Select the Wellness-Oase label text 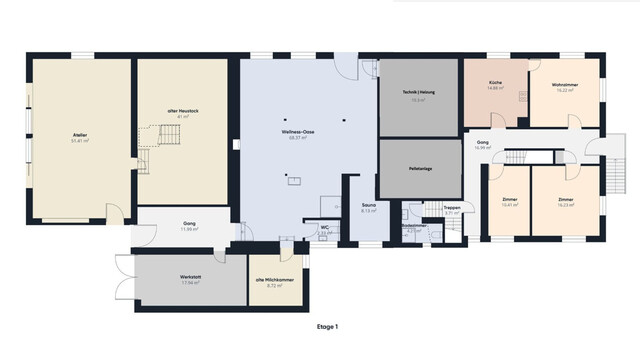[298, 132]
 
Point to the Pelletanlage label [419, 171]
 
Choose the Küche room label [495, 83]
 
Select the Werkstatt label [192, 276]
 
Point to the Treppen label [452, 207]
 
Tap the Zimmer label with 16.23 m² [566, 200]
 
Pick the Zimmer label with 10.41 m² [510, 200]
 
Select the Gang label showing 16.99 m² [482, 143]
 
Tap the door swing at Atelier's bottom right [116, 213]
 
